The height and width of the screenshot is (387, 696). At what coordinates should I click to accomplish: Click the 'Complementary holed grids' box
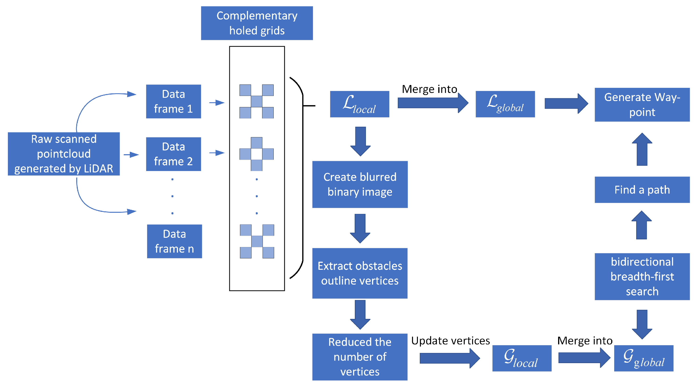pos(257,23)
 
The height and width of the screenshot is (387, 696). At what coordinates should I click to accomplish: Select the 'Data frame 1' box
pos(173,102)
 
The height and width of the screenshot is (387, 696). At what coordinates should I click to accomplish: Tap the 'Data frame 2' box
pos(173,154)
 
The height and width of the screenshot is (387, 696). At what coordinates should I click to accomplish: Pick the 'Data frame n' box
pos(174,241)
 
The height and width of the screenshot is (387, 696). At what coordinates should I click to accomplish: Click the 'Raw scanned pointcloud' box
pos(64,154)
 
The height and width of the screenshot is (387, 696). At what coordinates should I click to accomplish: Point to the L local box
pos(359,104)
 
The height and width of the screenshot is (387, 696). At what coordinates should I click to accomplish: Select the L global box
pos(505,104)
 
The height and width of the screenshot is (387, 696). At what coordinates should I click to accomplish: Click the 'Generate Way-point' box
pos(642,105)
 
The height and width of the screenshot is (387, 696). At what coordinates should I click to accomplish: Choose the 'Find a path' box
pos(642,190)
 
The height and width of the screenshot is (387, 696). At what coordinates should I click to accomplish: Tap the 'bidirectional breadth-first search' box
pos(642,276)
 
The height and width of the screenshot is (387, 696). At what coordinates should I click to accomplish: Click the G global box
pos(644,358)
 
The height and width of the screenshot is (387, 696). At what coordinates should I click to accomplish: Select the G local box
pos(521,358)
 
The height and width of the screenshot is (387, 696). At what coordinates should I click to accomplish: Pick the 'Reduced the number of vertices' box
pos(360,357)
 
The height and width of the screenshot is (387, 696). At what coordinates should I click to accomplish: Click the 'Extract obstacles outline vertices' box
pos(360,273)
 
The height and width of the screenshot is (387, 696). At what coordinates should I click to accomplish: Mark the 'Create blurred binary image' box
pos(360,184)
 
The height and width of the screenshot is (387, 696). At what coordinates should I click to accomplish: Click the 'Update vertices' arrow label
pos(450,341)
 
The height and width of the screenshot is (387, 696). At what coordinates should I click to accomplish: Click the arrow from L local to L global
pos(432,103)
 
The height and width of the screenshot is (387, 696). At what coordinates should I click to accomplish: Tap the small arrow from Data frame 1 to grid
pos(217,103)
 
